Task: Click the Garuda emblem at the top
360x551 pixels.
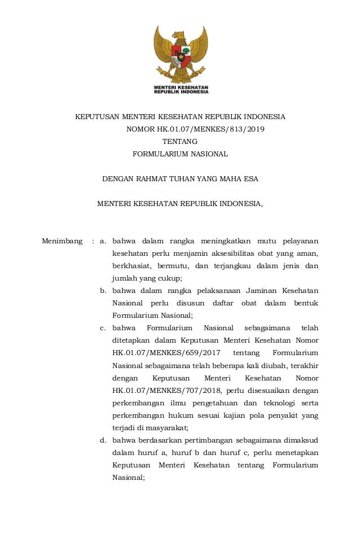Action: (181, 54)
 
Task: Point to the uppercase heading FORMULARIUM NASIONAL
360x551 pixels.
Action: (180, 154)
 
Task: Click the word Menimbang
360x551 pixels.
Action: (63, 242)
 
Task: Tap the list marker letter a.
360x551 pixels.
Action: (103, 242)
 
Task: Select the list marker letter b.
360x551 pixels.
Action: (103, 291)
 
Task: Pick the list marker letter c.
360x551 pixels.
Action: (103, 328)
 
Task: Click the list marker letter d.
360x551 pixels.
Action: (103, 440)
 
